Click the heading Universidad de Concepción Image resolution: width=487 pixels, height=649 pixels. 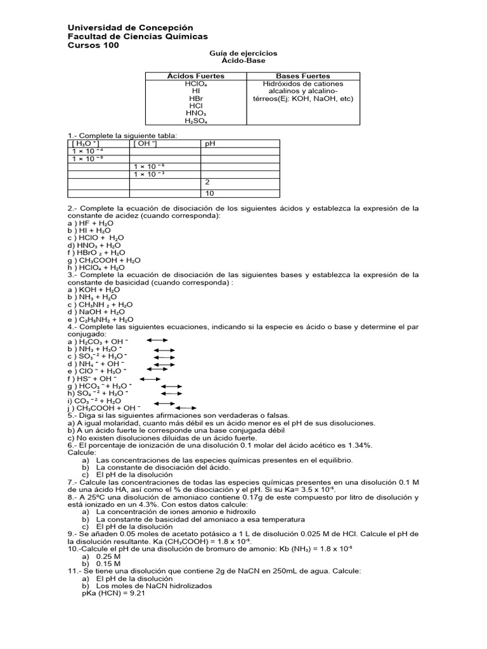point(130,28)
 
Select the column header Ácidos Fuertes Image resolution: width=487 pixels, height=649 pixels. point(195,76)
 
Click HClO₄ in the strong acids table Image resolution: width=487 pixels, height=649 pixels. point(195,84)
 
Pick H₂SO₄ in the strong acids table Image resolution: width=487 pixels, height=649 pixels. point(195,120)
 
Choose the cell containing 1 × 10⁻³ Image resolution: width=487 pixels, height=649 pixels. point(150,174)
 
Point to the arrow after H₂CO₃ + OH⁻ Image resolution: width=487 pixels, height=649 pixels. point(157,341)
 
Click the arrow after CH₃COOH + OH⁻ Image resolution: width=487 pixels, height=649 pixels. point(186,408)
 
